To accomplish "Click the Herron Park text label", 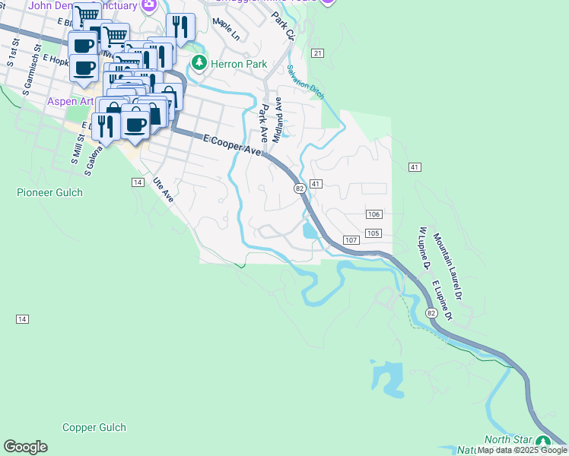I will click(x=239, y=64).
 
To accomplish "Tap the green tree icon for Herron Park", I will click(x=199, y=62).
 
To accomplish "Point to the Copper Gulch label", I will click(x=94, y=428).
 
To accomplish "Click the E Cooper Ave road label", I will click(x=233, y=146).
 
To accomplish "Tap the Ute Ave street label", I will click(x=164, y=189).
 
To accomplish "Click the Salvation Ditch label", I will click(x=306, y=82).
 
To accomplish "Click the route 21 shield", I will click(x=317, y=52).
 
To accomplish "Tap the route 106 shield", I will click(x=373, y=215).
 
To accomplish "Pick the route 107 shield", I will click(x=351, y=240).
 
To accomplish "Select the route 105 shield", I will click(x=373, y=233).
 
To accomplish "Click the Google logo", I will click(x=25, y=447).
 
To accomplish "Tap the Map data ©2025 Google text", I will click(x=522, y=451).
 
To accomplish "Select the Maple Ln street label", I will click(x=226, y=30).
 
